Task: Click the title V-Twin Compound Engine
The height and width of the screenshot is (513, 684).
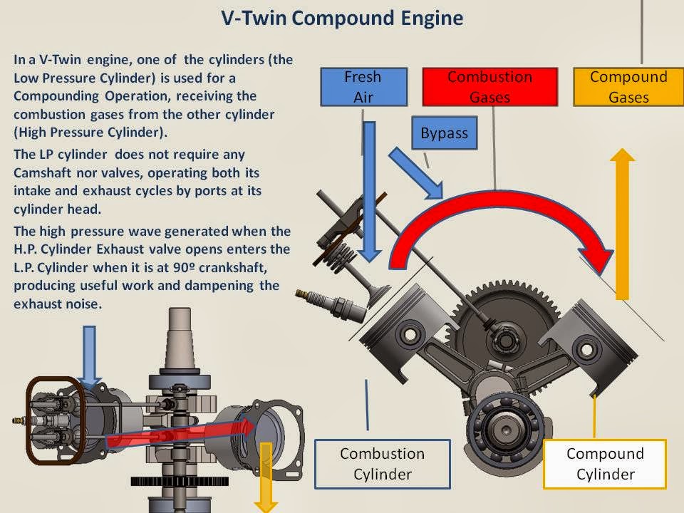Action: (342, 18)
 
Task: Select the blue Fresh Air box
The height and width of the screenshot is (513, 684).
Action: (363, 86)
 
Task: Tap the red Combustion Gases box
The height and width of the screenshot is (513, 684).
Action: (489, 86)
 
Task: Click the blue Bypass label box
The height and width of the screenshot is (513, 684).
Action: (444, 133)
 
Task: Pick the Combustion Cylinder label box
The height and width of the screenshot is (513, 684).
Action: (382, 463)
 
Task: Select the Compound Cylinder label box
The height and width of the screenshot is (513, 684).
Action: (605, 463)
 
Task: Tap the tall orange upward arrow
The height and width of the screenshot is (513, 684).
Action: (622, 228)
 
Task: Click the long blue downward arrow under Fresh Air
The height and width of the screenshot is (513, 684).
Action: (369, 192)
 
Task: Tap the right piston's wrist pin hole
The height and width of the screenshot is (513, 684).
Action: (585, 349)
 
